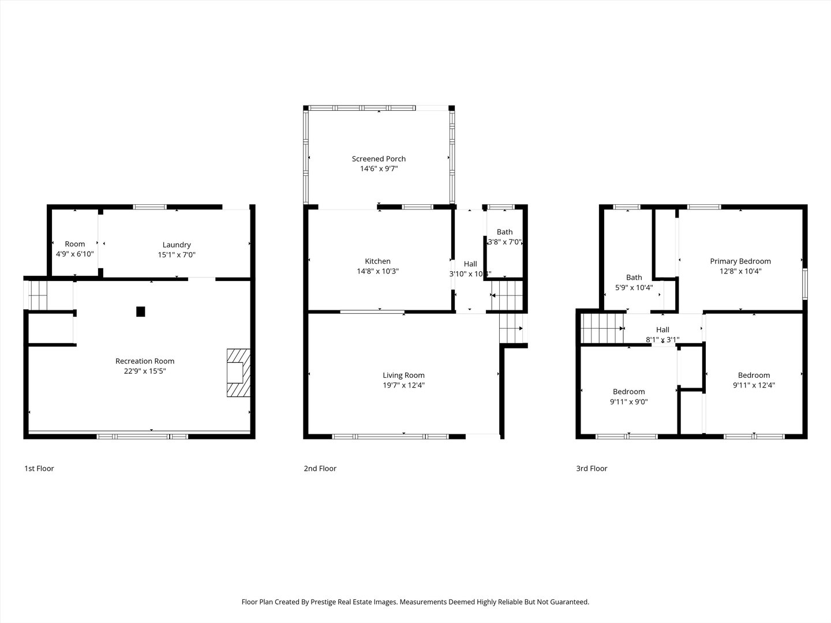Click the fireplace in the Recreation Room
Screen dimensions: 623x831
tap(238, 373)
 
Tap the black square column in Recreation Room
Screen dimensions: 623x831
tap(140, 311)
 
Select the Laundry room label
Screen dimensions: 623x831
tap(177, 245)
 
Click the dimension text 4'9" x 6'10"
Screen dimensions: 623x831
tap(74, 254)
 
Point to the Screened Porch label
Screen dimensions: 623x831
tap(379, 159)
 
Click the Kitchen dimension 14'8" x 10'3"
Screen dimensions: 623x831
tap(377, 271)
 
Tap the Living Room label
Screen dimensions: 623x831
tap(403, 375)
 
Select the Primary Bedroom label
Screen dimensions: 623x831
tap(740, 261)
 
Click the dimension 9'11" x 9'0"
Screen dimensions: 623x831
tap(628, 401)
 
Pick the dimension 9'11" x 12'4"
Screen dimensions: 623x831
tap(754, 385)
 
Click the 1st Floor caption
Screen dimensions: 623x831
tap(39, 468)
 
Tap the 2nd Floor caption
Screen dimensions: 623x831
tap(320, 468)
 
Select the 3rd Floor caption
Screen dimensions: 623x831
tap(592, 468)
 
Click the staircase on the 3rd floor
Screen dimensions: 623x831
tap(602, 328)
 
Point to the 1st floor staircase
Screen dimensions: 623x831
tap(37, 294)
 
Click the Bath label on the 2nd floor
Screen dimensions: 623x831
tap(504, 232)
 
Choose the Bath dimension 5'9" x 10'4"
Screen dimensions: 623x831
tap(634, 287)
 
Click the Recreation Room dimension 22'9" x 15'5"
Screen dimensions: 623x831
tap(145, 371)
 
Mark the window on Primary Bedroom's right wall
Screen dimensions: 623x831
tap(805, 283)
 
